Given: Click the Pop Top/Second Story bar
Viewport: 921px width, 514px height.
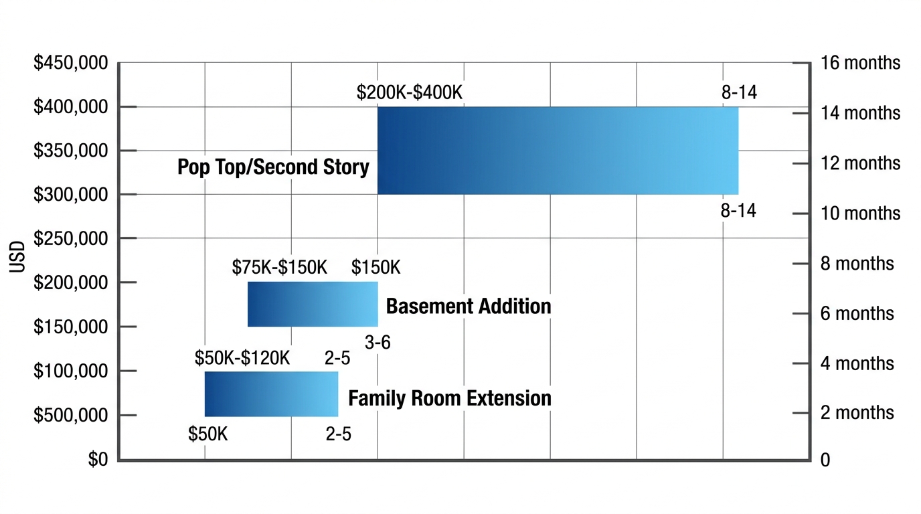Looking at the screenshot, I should pyautogui.click(x=558, y=151).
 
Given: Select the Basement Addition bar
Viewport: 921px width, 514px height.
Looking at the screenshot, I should pyautogui.click(x=313, y=304).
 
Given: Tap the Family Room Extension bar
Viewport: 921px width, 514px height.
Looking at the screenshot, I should pyautogui.click(x=271, y=394).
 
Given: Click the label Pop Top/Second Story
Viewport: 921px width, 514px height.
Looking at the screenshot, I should pyautogui.click(x=273, y=167).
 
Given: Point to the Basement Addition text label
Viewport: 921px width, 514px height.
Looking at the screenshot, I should pyautogui.click(x=469, y=307).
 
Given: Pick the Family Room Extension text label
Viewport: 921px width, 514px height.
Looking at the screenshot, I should pyautogui.click(x=450, y=398).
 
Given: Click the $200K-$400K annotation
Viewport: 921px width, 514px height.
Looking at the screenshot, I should pyautogui.click(x=410, y=92).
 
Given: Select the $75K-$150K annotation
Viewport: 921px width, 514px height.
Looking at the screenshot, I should pyautogui.click(x=280, y=268).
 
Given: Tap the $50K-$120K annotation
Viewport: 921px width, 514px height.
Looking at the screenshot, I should pyautogui.click(x=242, y=358).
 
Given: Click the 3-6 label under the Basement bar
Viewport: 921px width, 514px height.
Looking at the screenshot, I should pyautogui.click(x=378, y=343).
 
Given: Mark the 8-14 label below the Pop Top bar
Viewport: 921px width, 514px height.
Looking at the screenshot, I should pyautogui.click(x=738, y=211).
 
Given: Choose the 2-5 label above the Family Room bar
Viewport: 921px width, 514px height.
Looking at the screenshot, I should pyautogui.click(x=337, y=358).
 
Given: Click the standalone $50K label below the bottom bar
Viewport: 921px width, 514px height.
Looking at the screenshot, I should pyautogui.click(x=208, y=434).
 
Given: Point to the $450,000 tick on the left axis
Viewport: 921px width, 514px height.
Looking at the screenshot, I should pyautogui.click(x=70, y=64).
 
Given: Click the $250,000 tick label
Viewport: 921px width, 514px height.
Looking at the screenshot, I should pyautogui.click(x=70, y=239).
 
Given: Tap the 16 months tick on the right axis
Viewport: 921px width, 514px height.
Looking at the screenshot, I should pyautogui.click(x=860, y=64).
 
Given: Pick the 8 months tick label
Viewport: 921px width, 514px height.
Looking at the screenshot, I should pyautogui.click(x=857, y=264).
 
